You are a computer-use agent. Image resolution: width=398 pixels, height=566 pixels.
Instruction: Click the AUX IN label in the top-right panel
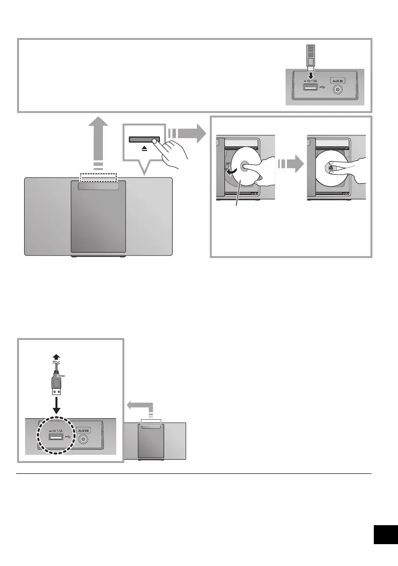coord(337,81)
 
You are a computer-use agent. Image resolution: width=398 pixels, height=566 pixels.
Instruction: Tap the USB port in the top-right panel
coord(311,89)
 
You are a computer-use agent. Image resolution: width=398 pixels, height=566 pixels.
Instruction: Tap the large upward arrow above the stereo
coord(98,142)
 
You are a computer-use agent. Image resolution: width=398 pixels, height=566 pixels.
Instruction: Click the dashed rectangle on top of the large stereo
coord(98,177)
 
